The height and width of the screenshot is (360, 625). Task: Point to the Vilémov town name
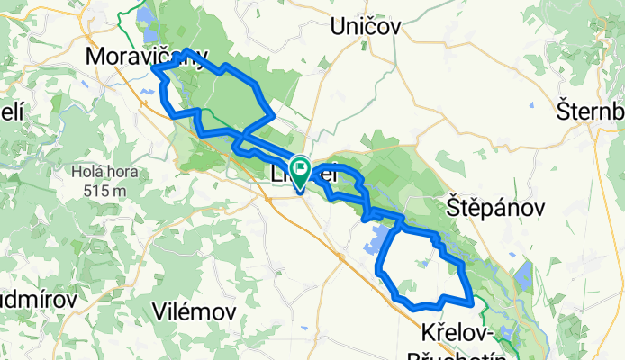195,311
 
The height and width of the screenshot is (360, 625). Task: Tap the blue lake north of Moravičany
144,20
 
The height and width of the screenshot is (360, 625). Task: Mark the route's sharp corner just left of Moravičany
153,67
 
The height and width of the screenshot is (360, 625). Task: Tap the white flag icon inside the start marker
299,166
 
